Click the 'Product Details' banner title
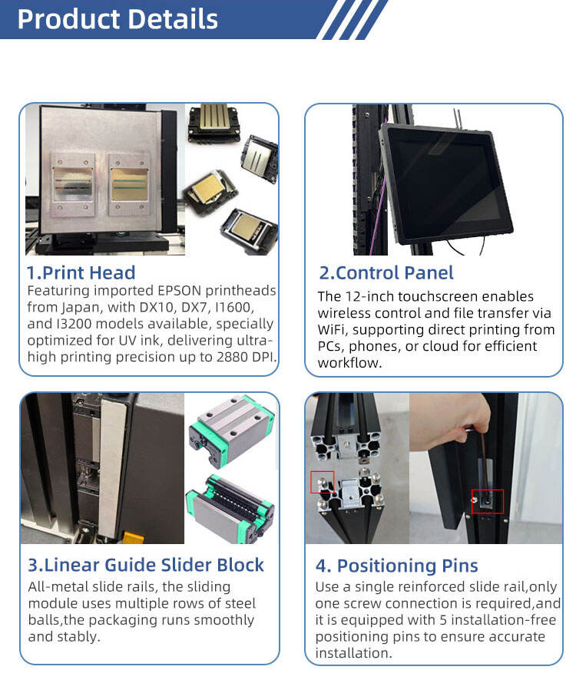point(118,19)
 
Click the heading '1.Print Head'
point(81,272)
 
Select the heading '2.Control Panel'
point(386,272)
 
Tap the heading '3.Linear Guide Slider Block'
point(146,565)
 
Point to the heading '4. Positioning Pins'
point(396,566)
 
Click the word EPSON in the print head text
point(179,291)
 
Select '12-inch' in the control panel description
point(369,296)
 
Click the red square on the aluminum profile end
point(322,482)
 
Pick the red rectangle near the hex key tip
point(488,501)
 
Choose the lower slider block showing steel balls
point(230,509)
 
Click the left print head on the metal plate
point(73,185)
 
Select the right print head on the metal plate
point(129,184)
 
